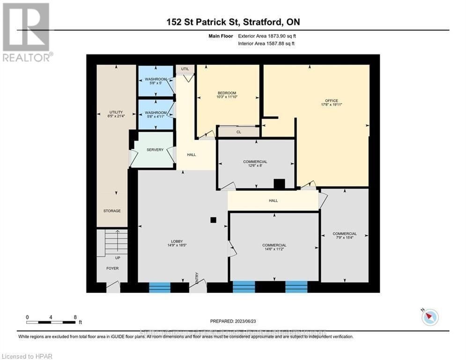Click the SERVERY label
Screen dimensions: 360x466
point(155,150)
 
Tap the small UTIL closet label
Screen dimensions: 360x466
point(185,69)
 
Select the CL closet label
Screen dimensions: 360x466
point(238,132)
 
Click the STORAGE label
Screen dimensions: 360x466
point(112,211)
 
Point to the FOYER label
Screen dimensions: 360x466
point(112,269)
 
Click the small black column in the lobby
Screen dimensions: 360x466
point(213,219)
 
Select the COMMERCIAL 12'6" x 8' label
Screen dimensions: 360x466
point(255,164)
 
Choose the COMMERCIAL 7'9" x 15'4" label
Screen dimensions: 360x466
point(344,236)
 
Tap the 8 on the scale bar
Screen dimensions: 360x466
point(75,317)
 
